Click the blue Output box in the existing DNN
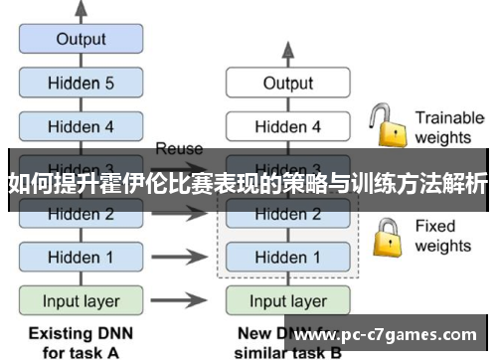[x=81, y=40]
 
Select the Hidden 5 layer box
[x=81, y=84]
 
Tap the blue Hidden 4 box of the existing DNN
[x=81, y=126]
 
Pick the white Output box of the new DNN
[x=287, y=84]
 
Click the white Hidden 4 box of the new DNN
[x=287, y=126]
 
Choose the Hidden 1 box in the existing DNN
[x=81, y=258]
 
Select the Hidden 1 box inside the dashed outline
[x=287, y=258]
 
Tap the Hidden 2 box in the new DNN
[x=287, y=214]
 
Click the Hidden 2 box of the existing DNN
[x=81, y=214]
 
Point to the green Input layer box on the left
[x=81, y=300]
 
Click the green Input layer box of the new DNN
[x=287, y=300]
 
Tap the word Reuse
[x=179, y=149]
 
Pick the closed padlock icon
[x=386, y=236]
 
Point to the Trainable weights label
[x=448, y=126]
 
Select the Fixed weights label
[x=443, y=236]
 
